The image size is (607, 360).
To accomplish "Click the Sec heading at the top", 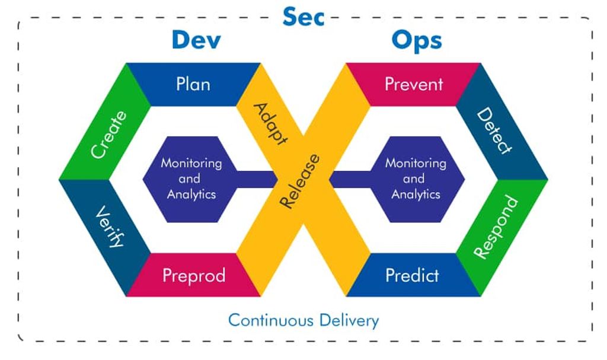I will [303, 17].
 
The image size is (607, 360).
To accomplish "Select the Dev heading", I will [196, 40].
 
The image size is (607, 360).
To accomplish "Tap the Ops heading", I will [416, 40].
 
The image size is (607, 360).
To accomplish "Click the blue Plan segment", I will [193, 84].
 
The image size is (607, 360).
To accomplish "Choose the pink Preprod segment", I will [194, 276].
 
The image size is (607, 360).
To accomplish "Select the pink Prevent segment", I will [414, 84].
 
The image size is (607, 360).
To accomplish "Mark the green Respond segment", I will [496, 228].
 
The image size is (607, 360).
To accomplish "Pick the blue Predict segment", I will [412, 276].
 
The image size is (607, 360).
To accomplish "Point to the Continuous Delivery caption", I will [303, 321].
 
